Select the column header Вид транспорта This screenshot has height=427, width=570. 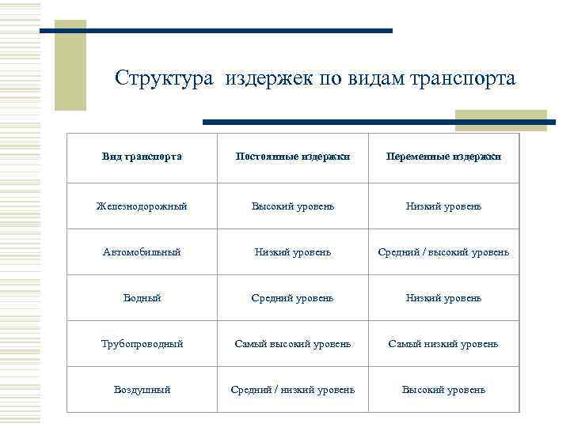pos(142,157)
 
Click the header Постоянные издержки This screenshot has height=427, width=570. pos(293,157)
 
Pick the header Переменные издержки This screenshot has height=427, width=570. pos(443,157)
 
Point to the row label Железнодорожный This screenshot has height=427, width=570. pos(142,206)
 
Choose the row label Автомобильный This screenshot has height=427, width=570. pos(142,252)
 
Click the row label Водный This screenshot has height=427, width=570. pos(142,298)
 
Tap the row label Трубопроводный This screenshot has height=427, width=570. pos(142,344)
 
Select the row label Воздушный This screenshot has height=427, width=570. pos(142,390)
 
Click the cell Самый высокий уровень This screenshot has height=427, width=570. pos(293,344)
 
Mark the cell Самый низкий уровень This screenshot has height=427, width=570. pos(443,344)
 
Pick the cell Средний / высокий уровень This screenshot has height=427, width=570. pos(443,252)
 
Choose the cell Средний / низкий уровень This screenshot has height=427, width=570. pos(293,390)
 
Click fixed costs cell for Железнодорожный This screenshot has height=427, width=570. pos(293,206)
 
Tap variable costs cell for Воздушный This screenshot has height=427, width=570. pos(443,390)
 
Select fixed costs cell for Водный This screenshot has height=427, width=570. pos(293,298)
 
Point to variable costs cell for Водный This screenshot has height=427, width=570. pos(443,298)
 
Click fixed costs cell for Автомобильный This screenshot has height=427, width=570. pos(293,252)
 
